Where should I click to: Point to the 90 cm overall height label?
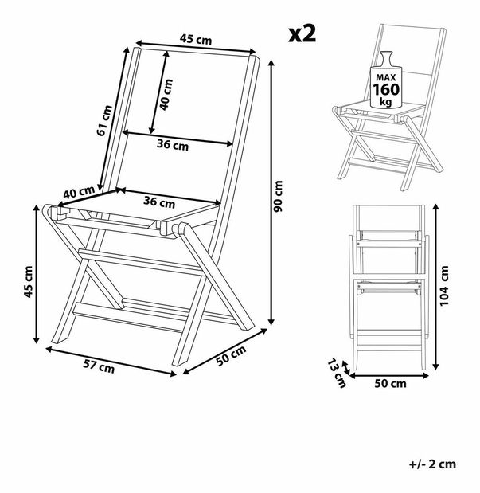pos(278,196)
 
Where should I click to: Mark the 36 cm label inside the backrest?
pos(172,145)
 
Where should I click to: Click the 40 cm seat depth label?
pos(79,194)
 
